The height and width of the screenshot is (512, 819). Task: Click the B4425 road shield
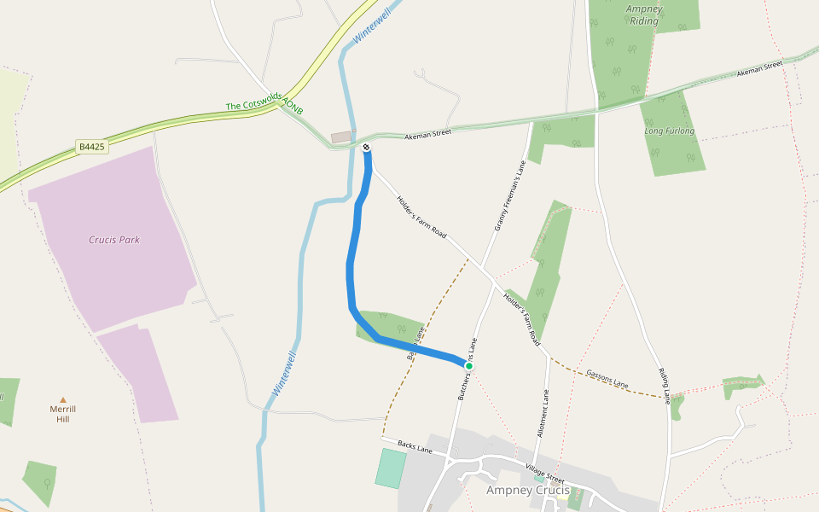tap(91, 147)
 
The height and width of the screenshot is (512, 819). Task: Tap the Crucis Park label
tap(114, 240)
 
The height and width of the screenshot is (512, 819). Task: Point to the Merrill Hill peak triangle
tap(62, 399)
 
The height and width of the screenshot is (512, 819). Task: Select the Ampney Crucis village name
tap(527, 490)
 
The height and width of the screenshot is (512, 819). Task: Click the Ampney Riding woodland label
tap(643, 15)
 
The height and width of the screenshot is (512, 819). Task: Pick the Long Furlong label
tap(669, 131)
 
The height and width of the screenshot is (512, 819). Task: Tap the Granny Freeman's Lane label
tap(510, 196)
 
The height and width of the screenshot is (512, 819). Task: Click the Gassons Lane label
tap(607, 380)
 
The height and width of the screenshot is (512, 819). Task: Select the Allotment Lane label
tap(543, 414)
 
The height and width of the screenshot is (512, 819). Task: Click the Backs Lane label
tap(415, 446)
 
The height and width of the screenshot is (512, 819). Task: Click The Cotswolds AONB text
tap(264, 105)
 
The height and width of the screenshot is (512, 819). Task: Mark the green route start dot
tap(468, 365)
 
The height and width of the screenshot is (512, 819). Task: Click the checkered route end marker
tap(366, 148)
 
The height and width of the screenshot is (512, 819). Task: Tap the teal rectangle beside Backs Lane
tap(391, 468)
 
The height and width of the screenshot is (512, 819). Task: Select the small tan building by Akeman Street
tap(341, 137)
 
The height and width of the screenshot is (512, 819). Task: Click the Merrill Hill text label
tap(62, 414)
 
